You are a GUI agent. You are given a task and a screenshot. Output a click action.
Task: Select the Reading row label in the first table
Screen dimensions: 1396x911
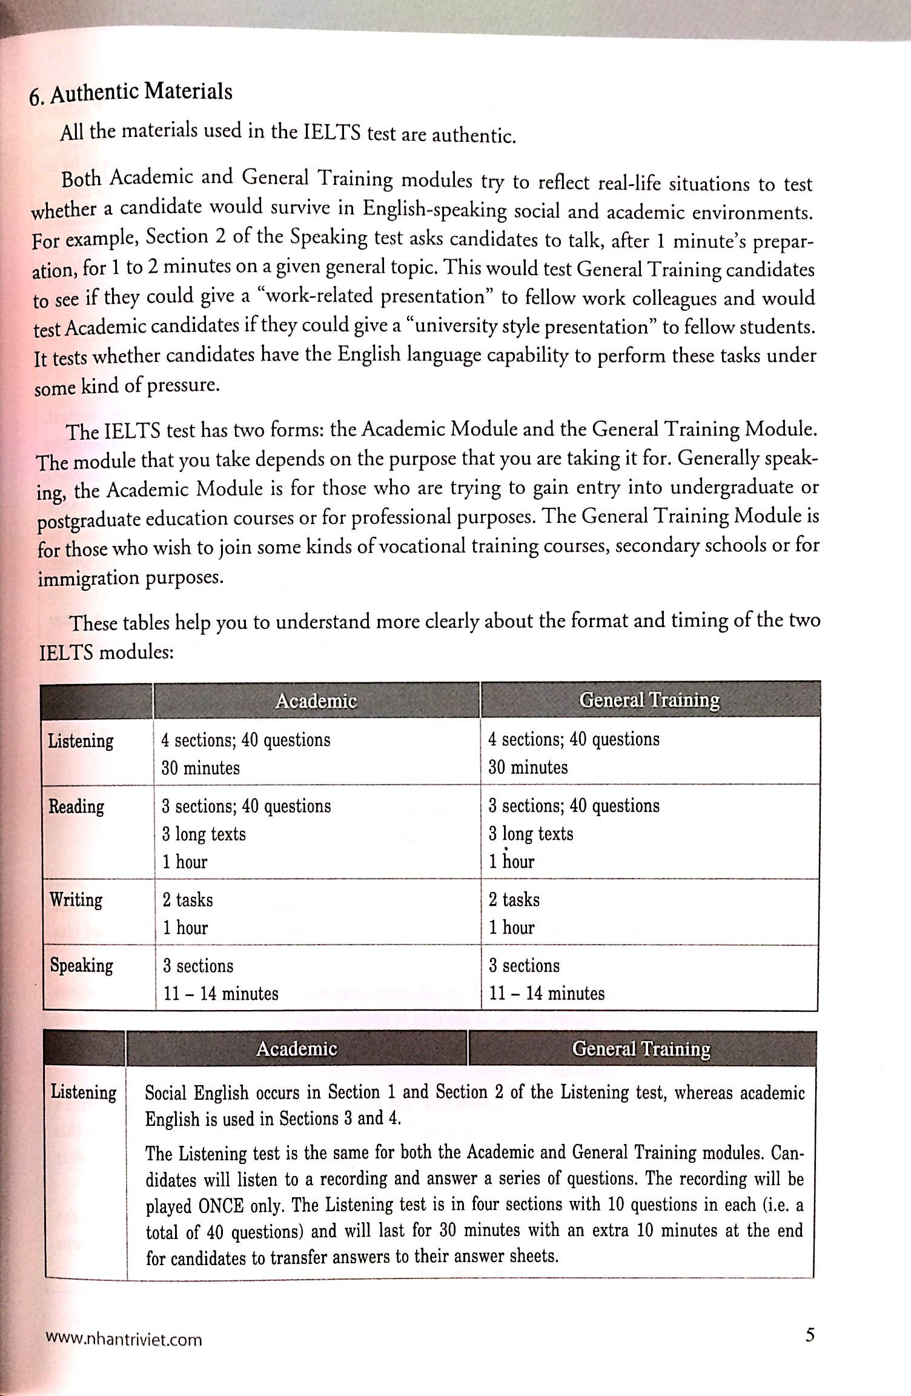click(76, 806)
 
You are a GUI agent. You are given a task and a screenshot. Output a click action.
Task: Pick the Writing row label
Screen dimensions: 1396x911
click(76, 900)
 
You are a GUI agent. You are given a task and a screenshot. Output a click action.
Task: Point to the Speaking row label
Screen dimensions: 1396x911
click(81, 965)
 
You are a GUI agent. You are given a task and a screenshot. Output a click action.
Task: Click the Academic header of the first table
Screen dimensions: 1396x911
click(316, 701)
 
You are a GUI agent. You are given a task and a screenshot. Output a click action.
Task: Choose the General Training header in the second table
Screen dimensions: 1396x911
click(641, 1049)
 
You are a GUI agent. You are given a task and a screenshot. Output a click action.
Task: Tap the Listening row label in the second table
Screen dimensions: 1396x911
click(84, 1092)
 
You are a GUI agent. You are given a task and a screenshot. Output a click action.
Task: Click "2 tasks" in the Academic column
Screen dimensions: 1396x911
click(187, 900)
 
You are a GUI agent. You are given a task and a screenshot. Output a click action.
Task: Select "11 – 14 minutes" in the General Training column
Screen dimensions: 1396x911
click(547, 993)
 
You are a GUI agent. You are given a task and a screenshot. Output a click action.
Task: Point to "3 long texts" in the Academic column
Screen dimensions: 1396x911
click(204, 834)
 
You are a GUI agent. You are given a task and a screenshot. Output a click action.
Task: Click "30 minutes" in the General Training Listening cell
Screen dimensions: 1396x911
click(528, 768)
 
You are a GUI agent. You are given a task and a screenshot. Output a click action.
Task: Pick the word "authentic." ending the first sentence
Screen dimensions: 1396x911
click(473, 136)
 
